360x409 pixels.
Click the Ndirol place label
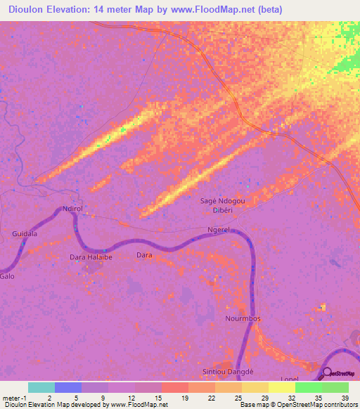point(73,209)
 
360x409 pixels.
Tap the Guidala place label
point(25,233)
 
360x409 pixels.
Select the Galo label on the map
point(8,276)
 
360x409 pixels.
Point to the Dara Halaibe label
point(91,257)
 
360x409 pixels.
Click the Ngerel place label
point(219,230)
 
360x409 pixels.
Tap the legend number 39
point(345,397)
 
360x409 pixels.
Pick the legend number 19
point(184,397)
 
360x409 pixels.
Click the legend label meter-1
point(14,397)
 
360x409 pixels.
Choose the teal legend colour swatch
point(41,387)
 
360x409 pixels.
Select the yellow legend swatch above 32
point(281,387)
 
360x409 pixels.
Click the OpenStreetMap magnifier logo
point(327,374)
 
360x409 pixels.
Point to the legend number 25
point(238,397)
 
